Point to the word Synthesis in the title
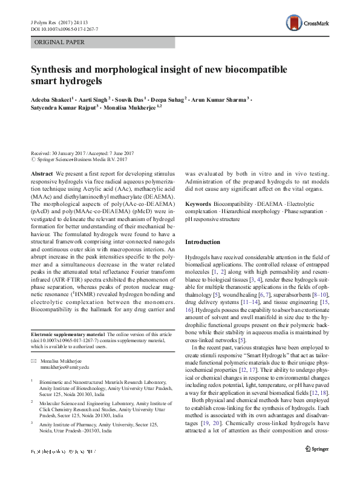click(x=56, y=70)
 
